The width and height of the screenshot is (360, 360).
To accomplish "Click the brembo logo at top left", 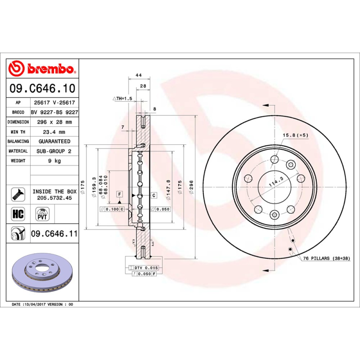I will pos(42,69).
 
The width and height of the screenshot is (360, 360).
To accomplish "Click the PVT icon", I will pos(42,213).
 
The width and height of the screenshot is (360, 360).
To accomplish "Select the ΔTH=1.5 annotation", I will pos(122,98).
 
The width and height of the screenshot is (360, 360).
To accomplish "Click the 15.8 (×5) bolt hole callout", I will pos(295,135).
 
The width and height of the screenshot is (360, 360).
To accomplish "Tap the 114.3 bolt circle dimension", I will pos(275,179).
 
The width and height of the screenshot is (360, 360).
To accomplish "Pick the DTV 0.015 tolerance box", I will pos(145,268).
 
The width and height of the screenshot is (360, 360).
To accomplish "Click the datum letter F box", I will pos(120,194).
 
